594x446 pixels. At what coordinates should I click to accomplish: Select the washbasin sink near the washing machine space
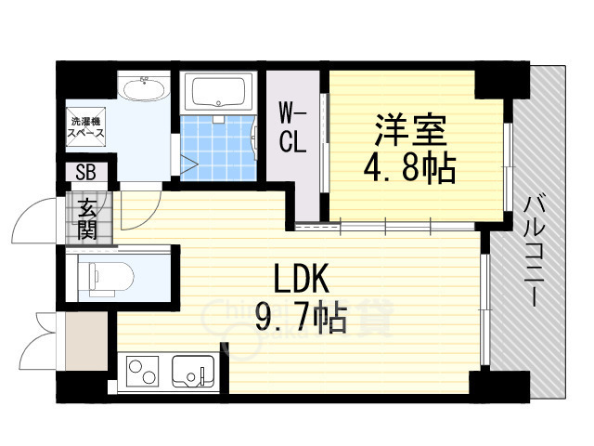[143, 90]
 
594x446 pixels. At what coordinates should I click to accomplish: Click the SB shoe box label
[85, 173]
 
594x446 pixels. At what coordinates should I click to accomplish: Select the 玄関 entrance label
[87, 218]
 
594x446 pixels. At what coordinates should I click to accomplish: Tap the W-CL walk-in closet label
[293, 130]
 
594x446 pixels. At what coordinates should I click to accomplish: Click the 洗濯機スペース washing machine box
[84, 128]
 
